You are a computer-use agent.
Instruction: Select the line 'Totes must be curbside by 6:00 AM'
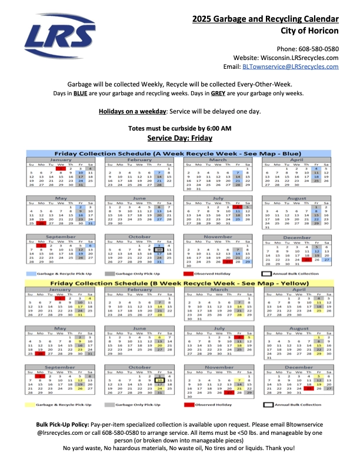[179, 128]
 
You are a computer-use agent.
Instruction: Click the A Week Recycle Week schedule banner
[179, 151]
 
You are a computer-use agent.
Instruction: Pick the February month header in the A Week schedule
[139, 159]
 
